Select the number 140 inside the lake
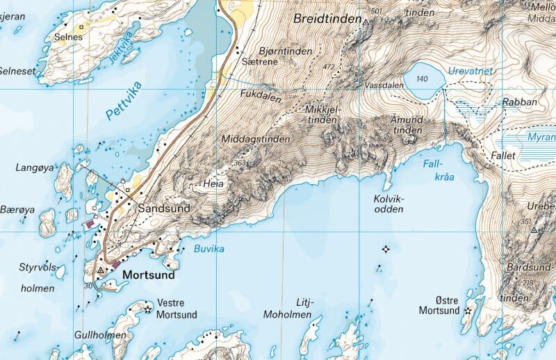pyautogui.click(x=421, y=79)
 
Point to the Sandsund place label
pyautogui.click(x=164, y=208)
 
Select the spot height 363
pyautogui.click(x=240, y=163)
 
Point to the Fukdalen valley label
pyautogui.click(x=259, y=92)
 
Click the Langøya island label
pyautogui.click(x=35, y=167)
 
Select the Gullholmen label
pyautogui.click(x=101, y=335)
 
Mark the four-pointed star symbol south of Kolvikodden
pyautogui.click(x=386, y=249)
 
